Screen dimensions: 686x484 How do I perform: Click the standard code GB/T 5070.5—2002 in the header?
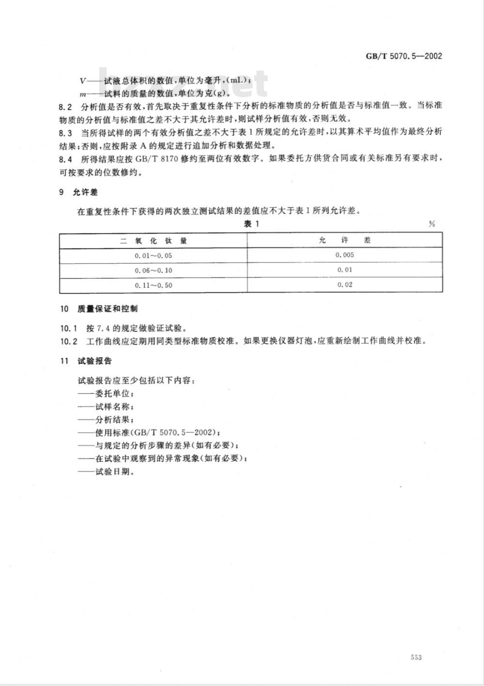point(403,56)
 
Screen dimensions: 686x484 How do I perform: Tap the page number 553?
point(416,657)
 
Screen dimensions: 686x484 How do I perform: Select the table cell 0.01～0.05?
point(153,255)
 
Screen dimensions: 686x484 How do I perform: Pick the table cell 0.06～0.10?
point(153,270)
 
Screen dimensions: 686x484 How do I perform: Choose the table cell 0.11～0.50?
point(153,285)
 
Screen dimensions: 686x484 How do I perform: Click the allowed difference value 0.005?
point(345,255)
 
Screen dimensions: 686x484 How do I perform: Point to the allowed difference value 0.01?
point(345,270)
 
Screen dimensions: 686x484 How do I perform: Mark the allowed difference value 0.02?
point(345,285)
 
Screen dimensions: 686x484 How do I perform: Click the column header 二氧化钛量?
point(153,240)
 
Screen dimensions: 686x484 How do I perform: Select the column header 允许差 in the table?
point(345,240)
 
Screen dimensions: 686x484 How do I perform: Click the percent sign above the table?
point(432,224)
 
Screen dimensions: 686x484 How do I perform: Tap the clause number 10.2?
point(68,341)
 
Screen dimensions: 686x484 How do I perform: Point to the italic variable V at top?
point(81,81)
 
